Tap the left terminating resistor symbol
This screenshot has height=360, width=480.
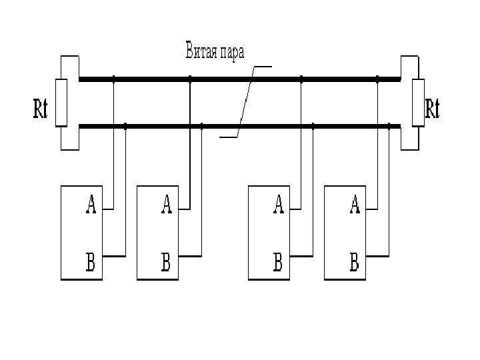61,102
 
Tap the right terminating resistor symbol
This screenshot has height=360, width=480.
418,102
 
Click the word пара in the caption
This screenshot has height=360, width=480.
232,53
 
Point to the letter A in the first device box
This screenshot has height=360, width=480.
91,205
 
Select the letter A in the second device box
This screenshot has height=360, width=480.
166,205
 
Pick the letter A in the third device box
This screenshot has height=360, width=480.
279,205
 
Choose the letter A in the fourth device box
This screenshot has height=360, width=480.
355,205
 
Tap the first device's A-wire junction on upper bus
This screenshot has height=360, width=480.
113,79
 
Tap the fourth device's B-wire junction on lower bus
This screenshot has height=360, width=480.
389,125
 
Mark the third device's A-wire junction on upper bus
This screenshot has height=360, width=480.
301,79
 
